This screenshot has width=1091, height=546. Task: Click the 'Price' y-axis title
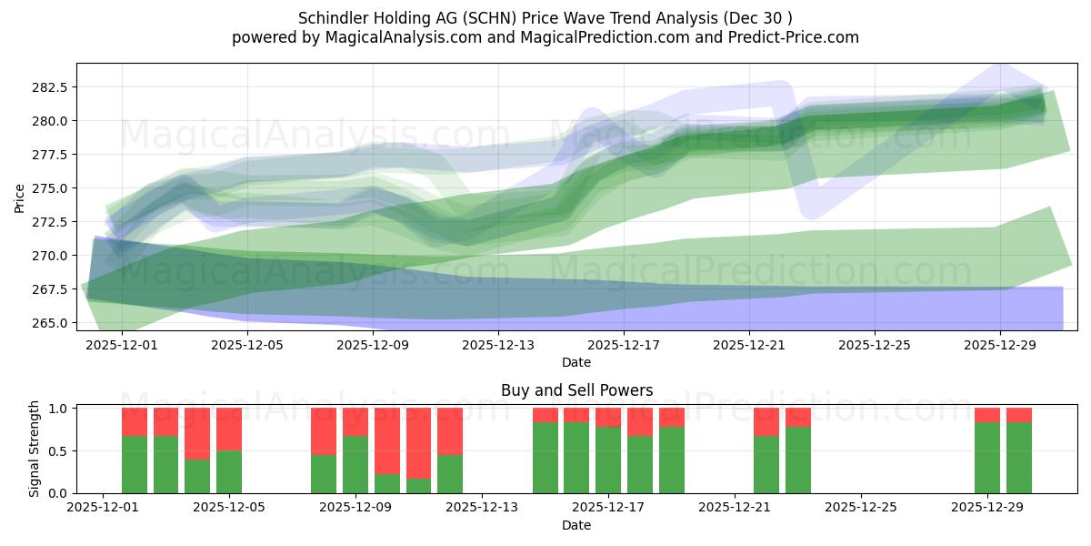pyautogui.click(x=20, y=197)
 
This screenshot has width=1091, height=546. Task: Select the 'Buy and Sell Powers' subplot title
pyautogui.click(x=576, y=390)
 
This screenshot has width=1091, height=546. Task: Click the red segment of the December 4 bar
pyautogui.click(x=197, y=433)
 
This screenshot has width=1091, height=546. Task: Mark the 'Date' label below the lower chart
pyautogui.click(x=576, y=525)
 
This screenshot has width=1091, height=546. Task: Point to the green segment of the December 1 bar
pyautogui.click(x=135, y=464)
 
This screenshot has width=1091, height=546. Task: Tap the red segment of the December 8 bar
pyautogui.click(x=324, y=431)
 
